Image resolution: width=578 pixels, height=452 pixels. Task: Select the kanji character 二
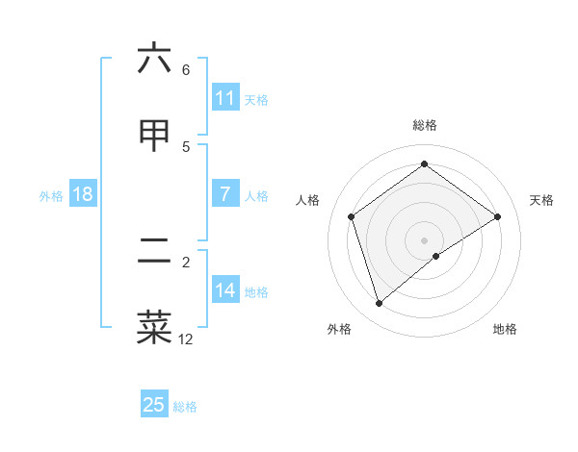[154, 252]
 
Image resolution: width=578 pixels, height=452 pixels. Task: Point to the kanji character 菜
[154, 328]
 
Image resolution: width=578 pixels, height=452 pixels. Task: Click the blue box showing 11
[224, 98]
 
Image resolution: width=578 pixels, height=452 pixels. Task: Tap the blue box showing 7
[224, 194]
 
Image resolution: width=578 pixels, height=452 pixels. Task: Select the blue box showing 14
[224, 290]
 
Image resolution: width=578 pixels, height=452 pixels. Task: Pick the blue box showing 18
[83, 194]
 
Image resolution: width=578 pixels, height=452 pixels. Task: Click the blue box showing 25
[154, 405]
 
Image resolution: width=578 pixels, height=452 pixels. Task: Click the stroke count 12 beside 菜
[186, 339]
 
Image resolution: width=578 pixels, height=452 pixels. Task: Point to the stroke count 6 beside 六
[186, 69]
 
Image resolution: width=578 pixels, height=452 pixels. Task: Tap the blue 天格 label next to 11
[256, 99]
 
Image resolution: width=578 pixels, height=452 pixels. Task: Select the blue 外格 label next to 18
[51, 195]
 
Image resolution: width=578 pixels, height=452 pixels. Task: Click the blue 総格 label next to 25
[185, 406]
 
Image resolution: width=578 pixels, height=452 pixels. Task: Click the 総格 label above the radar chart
[425, 125]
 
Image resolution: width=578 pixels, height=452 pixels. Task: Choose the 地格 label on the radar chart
[505, 329]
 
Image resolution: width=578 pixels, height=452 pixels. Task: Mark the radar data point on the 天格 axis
[497, 216]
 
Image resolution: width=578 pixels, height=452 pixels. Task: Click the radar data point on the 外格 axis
[380, 304]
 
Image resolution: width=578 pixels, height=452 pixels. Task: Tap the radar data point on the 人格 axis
[352, 216]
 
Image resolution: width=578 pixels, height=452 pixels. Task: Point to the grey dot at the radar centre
[425, 239]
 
